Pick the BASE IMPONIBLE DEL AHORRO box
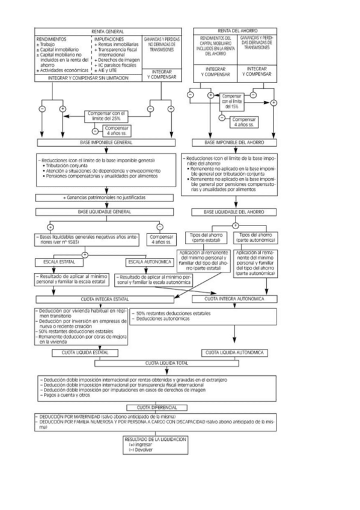[x=234, y=143]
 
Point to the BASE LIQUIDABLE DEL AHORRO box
[x=234, y=212]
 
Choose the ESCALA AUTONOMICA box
[x=150, y=262]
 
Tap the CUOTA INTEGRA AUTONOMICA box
[x=234, y=299]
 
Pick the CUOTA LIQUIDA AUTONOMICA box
[x=234, y=352]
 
